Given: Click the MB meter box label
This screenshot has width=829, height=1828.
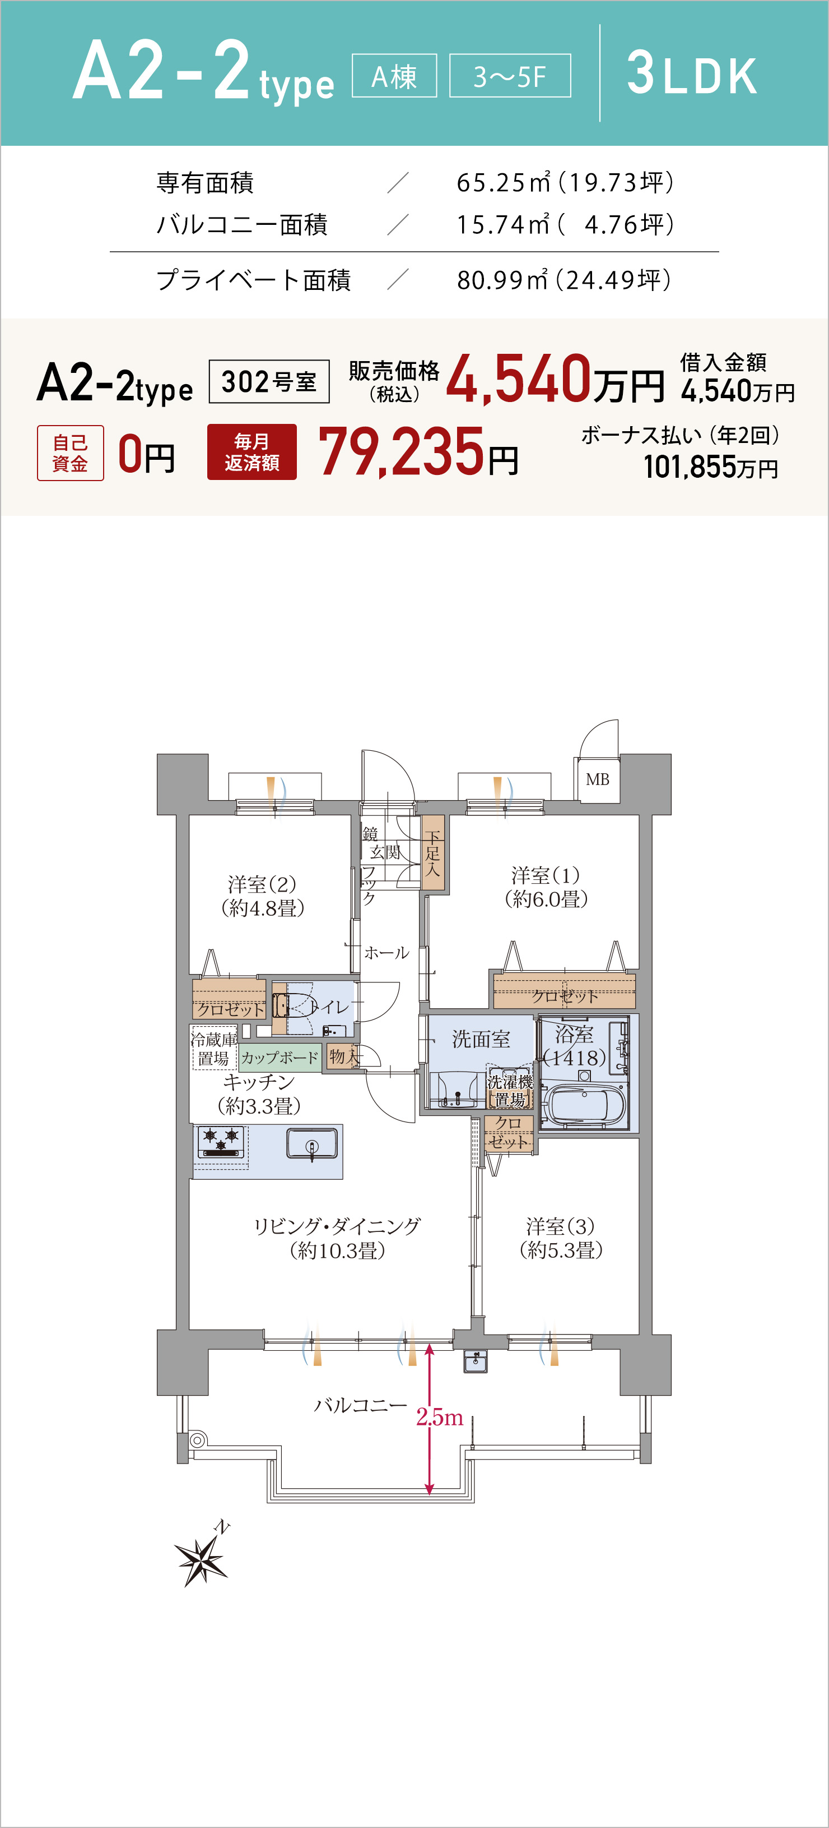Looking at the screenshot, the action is [x=597, y=779].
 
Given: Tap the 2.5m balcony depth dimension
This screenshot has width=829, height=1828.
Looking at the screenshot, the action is [x=440, y=1417].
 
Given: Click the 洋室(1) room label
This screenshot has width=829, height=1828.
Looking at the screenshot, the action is [x=546, y=887].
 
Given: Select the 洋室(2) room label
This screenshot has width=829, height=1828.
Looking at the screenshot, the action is [x=262, y=895].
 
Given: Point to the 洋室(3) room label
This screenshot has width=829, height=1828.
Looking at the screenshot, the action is [x=561, y=1238].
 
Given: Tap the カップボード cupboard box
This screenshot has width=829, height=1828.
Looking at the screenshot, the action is [x=280, y=1058].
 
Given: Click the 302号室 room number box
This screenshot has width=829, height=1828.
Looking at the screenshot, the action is [x=269, y=382].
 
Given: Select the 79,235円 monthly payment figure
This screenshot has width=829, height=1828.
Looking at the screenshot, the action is [x=418, y=452].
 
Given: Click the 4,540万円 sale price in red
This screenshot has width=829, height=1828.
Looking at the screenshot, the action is [x=555, y=380].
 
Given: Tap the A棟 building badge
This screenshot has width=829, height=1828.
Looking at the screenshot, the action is [x=394, y=75].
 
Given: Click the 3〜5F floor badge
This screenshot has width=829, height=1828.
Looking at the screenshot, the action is [x=510, y=75].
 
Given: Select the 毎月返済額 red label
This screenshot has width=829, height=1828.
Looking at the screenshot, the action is [x=252, y=452].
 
